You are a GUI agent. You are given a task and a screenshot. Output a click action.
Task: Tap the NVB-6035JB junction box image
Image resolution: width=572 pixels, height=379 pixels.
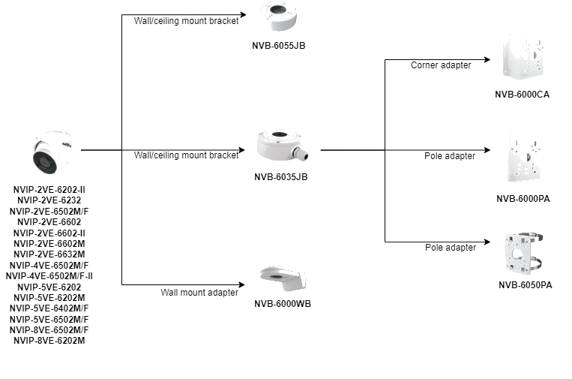[x=282, y=147]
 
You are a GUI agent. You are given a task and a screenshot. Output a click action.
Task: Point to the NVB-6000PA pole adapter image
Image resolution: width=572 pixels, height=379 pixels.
[x=524, y=159]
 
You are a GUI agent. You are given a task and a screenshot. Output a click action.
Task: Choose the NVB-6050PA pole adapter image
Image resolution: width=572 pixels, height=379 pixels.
[x=523, y=254]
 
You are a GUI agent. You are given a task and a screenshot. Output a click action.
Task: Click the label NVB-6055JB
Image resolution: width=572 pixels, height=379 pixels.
[x=279, y=46]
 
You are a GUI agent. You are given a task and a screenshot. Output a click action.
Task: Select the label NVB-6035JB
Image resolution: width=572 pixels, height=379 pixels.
[x=281, y=177]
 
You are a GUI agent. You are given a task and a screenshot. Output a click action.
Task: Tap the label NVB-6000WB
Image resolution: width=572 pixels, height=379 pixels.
[x=282, y=304]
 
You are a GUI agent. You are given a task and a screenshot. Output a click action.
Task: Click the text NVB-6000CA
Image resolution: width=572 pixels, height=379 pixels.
[x=523, y=95]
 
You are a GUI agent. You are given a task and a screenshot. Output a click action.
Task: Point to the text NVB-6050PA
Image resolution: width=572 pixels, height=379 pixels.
[x=525, y=285]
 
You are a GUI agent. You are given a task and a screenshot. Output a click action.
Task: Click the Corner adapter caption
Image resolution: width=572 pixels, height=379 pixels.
[x=441, y=65]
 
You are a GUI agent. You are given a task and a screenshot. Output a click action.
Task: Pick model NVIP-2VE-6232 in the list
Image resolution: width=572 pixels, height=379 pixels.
[x=49, y=200]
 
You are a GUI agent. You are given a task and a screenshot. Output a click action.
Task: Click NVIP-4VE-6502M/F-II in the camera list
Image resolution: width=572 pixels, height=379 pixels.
[x=49, y=276]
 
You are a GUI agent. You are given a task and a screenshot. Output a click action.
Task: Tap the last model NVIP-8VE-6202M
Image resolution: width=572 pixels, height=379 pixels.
[x=49, y=341]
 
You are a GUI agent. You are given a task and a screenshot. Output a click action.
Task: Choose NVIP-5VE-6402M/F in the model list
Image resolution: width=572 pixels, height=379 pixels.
[x=49, y=308]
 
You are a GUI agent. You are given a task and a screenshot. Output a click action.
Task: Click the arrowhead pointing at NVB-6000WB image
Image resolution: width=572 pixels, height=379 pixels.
[x=242, y=284]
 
